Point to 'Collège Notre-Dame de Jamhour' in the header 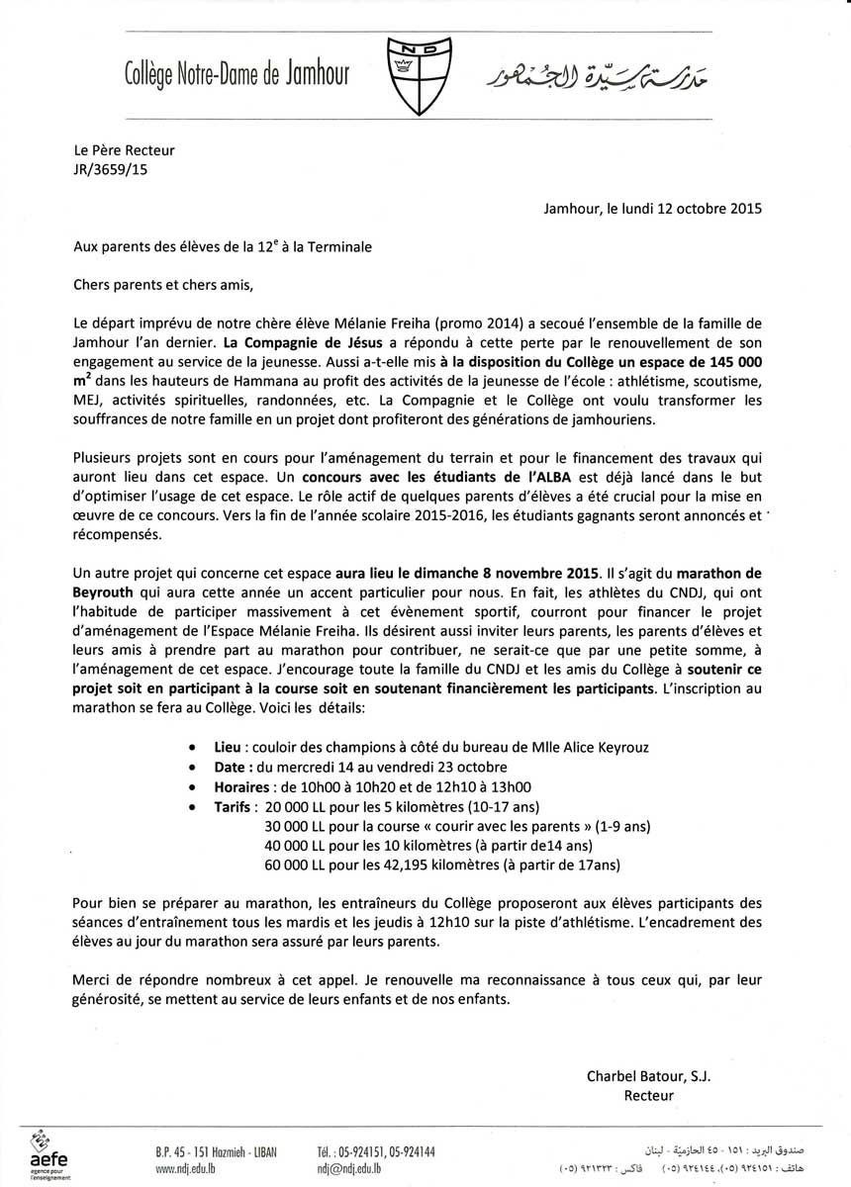pos(236,73)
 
